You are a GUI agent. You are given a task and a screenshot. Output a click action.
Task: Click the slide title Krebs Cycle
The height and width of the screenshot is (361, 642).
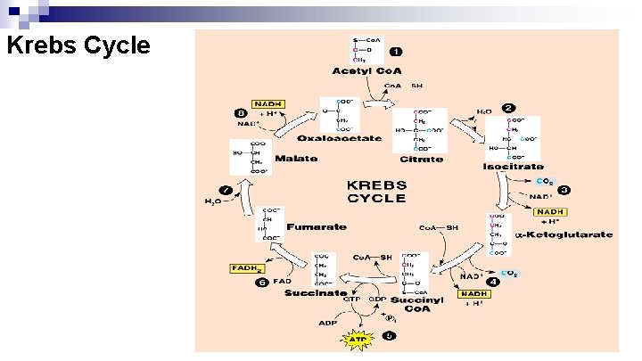click(78, 45)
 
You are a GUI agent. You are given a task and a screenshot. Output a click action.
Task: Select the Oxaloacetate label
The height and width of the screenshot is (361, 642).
click(341, 138)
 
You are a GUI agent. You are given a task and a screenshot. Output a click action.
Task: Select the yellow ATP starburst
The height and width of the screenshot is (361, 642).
click(355, 339)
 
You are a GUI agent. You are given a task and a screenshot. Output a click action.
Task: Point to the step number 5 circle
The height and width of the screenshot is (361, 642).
click(388, 336)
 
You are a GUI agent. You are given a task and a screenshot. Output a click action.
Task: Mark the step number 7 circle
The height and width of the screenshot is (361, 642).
click(226, 190)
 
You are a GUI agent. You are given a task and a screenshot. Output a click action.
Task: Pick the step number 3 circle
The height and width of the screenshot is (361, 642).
click(564, 190)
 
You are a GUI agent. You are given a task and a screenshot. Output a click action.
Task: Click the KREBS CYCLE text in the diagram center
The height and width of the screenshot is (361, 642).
click(376, 192)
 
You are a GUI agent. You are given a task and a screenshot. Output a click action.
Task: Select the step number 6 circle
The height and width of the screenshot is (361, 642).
click(262, 283)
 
